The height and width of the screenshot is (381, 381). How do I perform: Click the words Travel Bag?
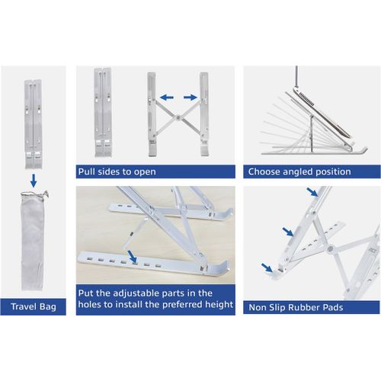[34, 306]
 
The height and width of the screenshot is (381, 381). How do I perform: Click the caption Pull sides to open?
[117, 171]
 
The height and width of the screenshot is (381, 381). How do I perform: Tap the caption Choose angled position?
[299, 171]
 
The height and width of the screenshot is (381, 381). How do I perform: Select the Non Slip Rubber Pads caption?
[296, 307]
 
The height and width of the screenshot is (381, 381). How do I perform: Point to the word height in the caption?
[219, 305]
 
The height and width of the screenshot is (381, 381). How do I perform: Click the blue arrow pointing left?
[167, 97]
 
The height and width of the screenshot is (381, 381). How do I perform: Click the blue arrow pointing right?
[190, 97]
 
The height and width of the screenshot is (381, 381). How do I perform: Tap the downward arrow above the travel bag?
[34, 181]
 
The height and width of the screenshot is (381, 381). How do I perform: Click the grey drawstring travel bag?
[33, 241]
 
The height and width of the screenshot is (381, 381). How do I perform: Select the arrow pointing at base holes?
[133, 257]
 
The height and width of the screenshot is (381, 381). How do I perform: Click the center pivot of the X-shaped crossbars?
[178, 117]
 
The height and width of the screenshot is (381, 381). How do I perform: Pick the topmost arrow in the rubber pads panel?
[312, 192]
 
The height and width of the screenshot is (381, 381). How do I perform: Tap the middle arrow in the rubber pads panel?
[288, 232]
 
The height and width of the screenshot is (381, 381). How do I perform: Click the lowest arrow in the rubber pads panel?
[267, 267]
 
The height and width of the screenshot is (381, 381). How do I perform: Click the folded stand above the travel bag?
[34, 124]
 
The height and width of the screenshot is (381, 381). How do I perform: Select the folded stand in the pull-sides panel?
[103, 112]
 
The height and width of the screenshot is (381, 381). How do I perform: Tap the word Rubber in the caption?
[304, 307]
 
